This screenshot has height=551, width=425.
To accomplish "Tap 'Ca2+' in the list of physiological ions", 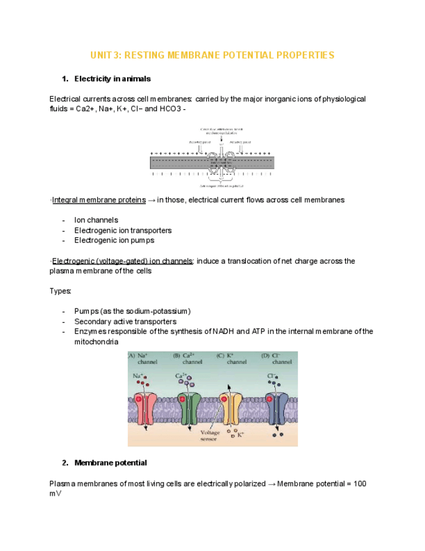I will tap(85, 109).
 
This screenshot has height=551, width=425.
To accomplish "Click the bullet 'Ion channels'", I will tap(96, 220).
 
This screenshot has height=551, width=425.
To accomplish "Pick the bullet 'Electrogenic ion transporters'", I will tap(123, 230).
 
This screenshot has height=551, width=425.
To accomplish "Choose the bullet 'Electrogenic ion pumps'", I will tap(114, 240).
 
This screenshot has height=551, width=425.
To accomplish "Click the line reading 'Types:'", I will tap(60, 290).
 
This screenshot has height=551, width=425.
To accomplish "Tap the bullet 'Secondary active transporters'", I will tap(125, 321).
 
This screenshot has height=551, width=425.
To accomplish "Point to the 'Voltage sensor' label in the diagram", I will tap(210, 435).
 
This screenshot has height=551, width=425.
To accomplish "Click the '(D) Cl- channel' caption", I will tap(276, 359).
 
